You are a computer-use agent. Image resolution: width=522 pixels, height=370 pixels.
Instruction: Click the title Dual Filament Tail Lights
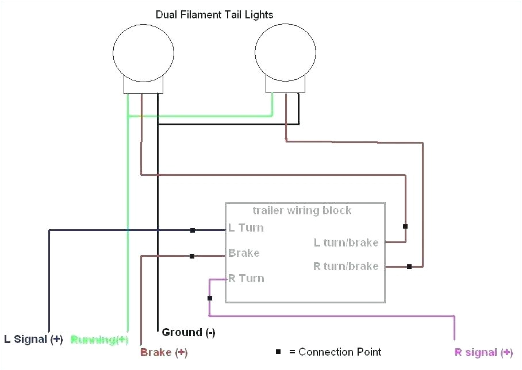(214, 14)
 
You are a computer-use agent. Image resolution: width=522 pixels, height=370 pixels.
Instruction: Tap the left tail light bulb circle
(143, 53)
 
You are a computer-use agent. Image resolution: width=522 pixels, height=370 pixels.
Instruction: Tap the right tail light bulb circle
(285, 53)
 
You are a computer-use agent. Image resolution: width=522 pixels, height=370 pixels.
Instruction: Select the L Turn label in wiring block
(246, 228)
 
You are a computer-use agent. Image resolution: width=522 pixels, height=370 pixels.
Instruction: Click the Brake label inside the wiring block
(244, 253)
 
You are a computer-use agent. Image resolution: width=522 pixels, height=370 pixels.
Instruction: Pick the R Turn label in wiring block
(246, 278)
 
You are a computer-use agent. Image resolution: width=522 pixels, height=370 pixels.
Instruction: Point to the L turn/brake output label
(346, 242)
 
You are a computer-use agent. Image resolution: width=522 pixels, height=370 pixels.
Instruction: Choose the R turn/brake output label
(346, 266)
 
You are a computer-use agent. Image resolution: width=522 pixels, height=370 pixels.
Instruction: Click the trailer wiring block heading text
(302, 210)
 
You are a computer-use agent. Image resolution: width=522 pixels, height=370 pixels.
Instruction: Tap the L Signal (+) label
(33, 339)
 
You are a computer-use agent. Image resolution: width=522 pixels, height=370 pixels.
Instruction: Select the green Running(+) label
(99, 340)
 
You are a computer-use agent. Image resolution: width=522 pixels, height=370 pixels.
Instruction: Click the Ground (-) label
(189, 332)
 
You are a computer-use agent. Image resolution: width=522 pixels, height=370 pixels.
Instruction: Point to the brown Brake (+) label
(164, 352)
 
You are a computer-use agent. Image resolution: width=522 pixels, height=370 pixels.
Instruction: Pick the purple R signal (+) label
(483, 352)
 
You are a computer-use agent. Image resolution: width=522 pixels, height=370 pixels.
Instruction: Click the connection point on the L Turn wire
(193, 230)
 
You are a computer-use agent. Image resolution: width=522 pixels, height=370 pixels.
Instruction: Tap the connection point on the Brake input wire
(192, 256)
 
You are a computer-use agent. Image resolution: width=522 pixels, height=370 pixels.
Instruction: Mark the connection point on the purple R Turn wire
(209, 298)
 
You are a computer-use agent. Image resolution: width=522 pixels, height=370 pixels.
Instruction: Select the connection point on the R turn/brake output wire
(409, 267)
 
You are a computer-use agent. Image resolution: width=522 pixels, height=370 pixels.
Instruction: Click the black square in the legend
(278, 352)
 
